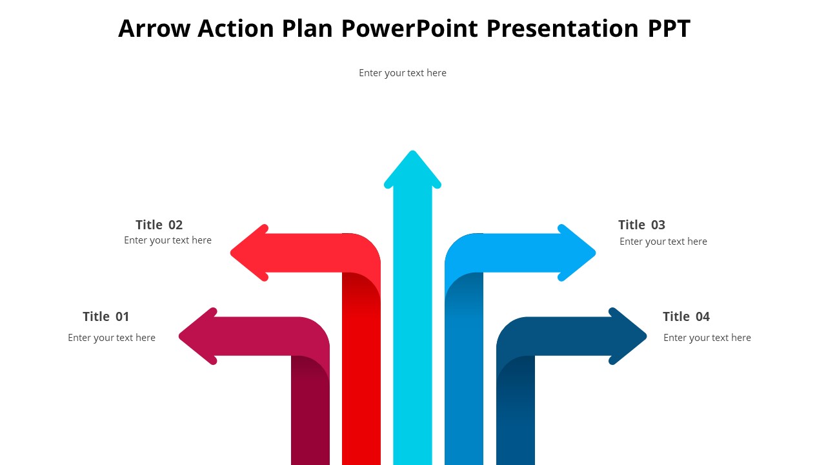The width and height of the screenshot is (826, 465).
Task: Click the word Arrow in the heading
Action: [154, 28]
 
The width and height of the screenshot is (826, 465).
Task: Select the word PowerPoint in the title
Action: [409, 28]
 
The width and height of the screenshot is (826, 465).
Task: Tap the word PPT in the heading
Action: [669, 28]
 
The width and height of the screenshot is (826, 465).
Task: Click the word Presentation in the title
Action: [563, 28]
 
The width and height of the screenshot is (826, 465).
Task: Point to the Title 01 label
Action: [106, 316]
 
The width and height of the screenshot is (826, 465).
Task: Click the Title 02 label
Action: [159, 225]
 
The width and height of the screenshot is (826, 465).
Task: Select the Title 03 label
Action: [641, 225]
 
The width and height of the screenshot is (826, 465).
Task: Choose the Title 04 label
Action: [686, 316]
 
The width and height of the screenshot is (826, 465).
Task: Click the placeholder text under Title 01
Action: [112, 338]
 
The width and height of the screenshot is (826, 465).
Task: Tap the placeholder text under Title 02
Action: [168, 240]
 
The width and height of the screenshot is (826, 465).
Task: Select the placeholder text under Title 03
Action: [663, 242]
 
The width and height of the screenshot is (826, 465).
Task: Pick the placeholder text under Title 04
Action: [707, 338]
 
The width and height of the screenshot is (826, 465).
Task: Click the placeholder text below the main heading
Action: [403, 73]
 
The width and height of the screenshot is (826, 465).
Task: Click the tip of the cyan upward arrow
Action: [412, 151]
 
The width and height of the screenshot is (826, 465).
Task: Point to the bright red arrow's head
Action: [249, 253]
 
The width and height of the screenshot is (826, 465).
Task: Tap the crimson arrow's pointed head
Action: [197, 336]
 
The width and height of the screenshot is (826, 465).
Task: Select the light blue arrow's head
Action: [577, 253]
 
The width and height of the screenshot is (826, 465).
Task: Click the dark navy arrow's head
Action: [628, 336]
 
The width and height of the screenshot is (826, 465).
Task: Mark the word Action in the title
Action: [236, 28]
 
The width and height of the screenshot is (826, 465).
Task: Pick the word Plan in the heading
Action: [307, 28]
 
